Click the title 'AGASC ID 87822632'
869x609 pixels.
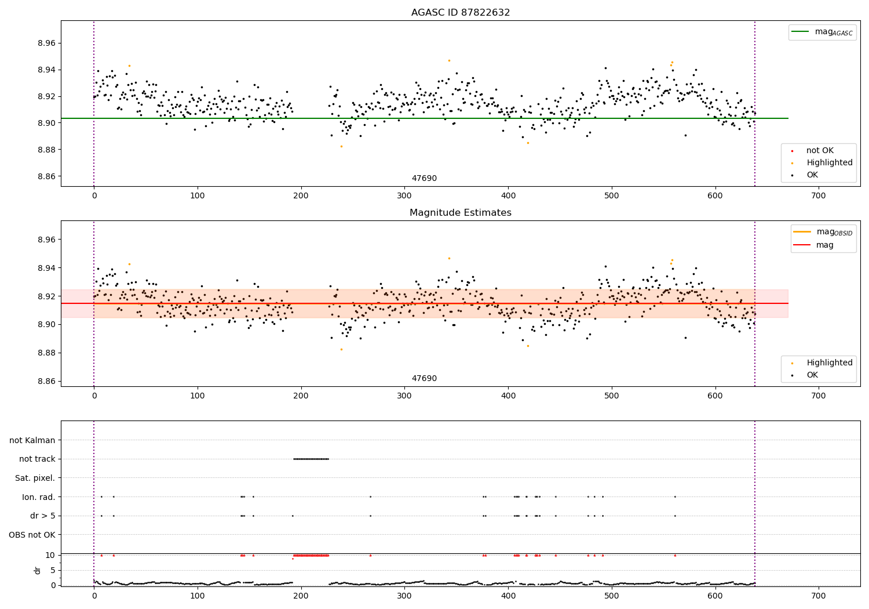[460, 13]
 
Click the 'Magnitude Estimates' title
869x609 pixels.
[460, 213]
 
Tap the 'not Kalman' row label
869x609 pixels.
[32, 440]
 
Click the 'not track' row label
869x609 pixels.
[37, 459]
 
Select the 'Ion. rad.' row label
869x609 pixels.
[38, 497]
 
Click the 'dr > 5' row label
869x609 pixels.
[43, 516]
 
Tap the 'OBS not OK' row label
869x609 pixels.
[32, 535]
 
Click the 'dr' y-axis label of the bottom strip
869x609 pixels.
[38, 570]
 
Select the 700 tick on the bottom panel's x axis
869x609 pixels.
[819, 596]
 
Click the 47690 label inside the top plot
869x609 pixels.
[424, 179]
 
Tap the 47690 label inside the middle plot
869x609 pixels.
[424, 379]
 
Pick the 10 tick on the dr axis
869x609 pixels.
[50, 555]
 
